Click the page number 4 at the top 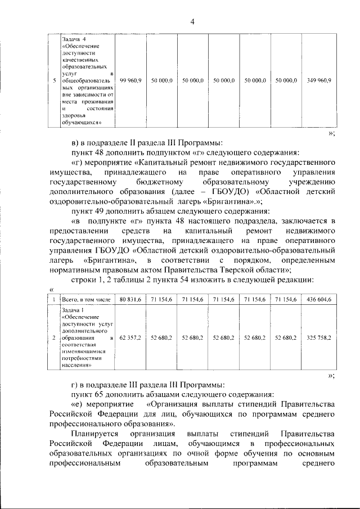(192, 22)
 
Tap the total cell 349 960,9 (319, 81)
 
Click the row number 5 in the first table (54, 81)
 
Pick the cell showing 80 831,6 (130, 301)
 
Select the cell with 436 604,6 (319, 301)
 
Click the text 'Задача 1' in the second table (74, 311)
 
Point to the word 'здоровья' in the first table (75, 116)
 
